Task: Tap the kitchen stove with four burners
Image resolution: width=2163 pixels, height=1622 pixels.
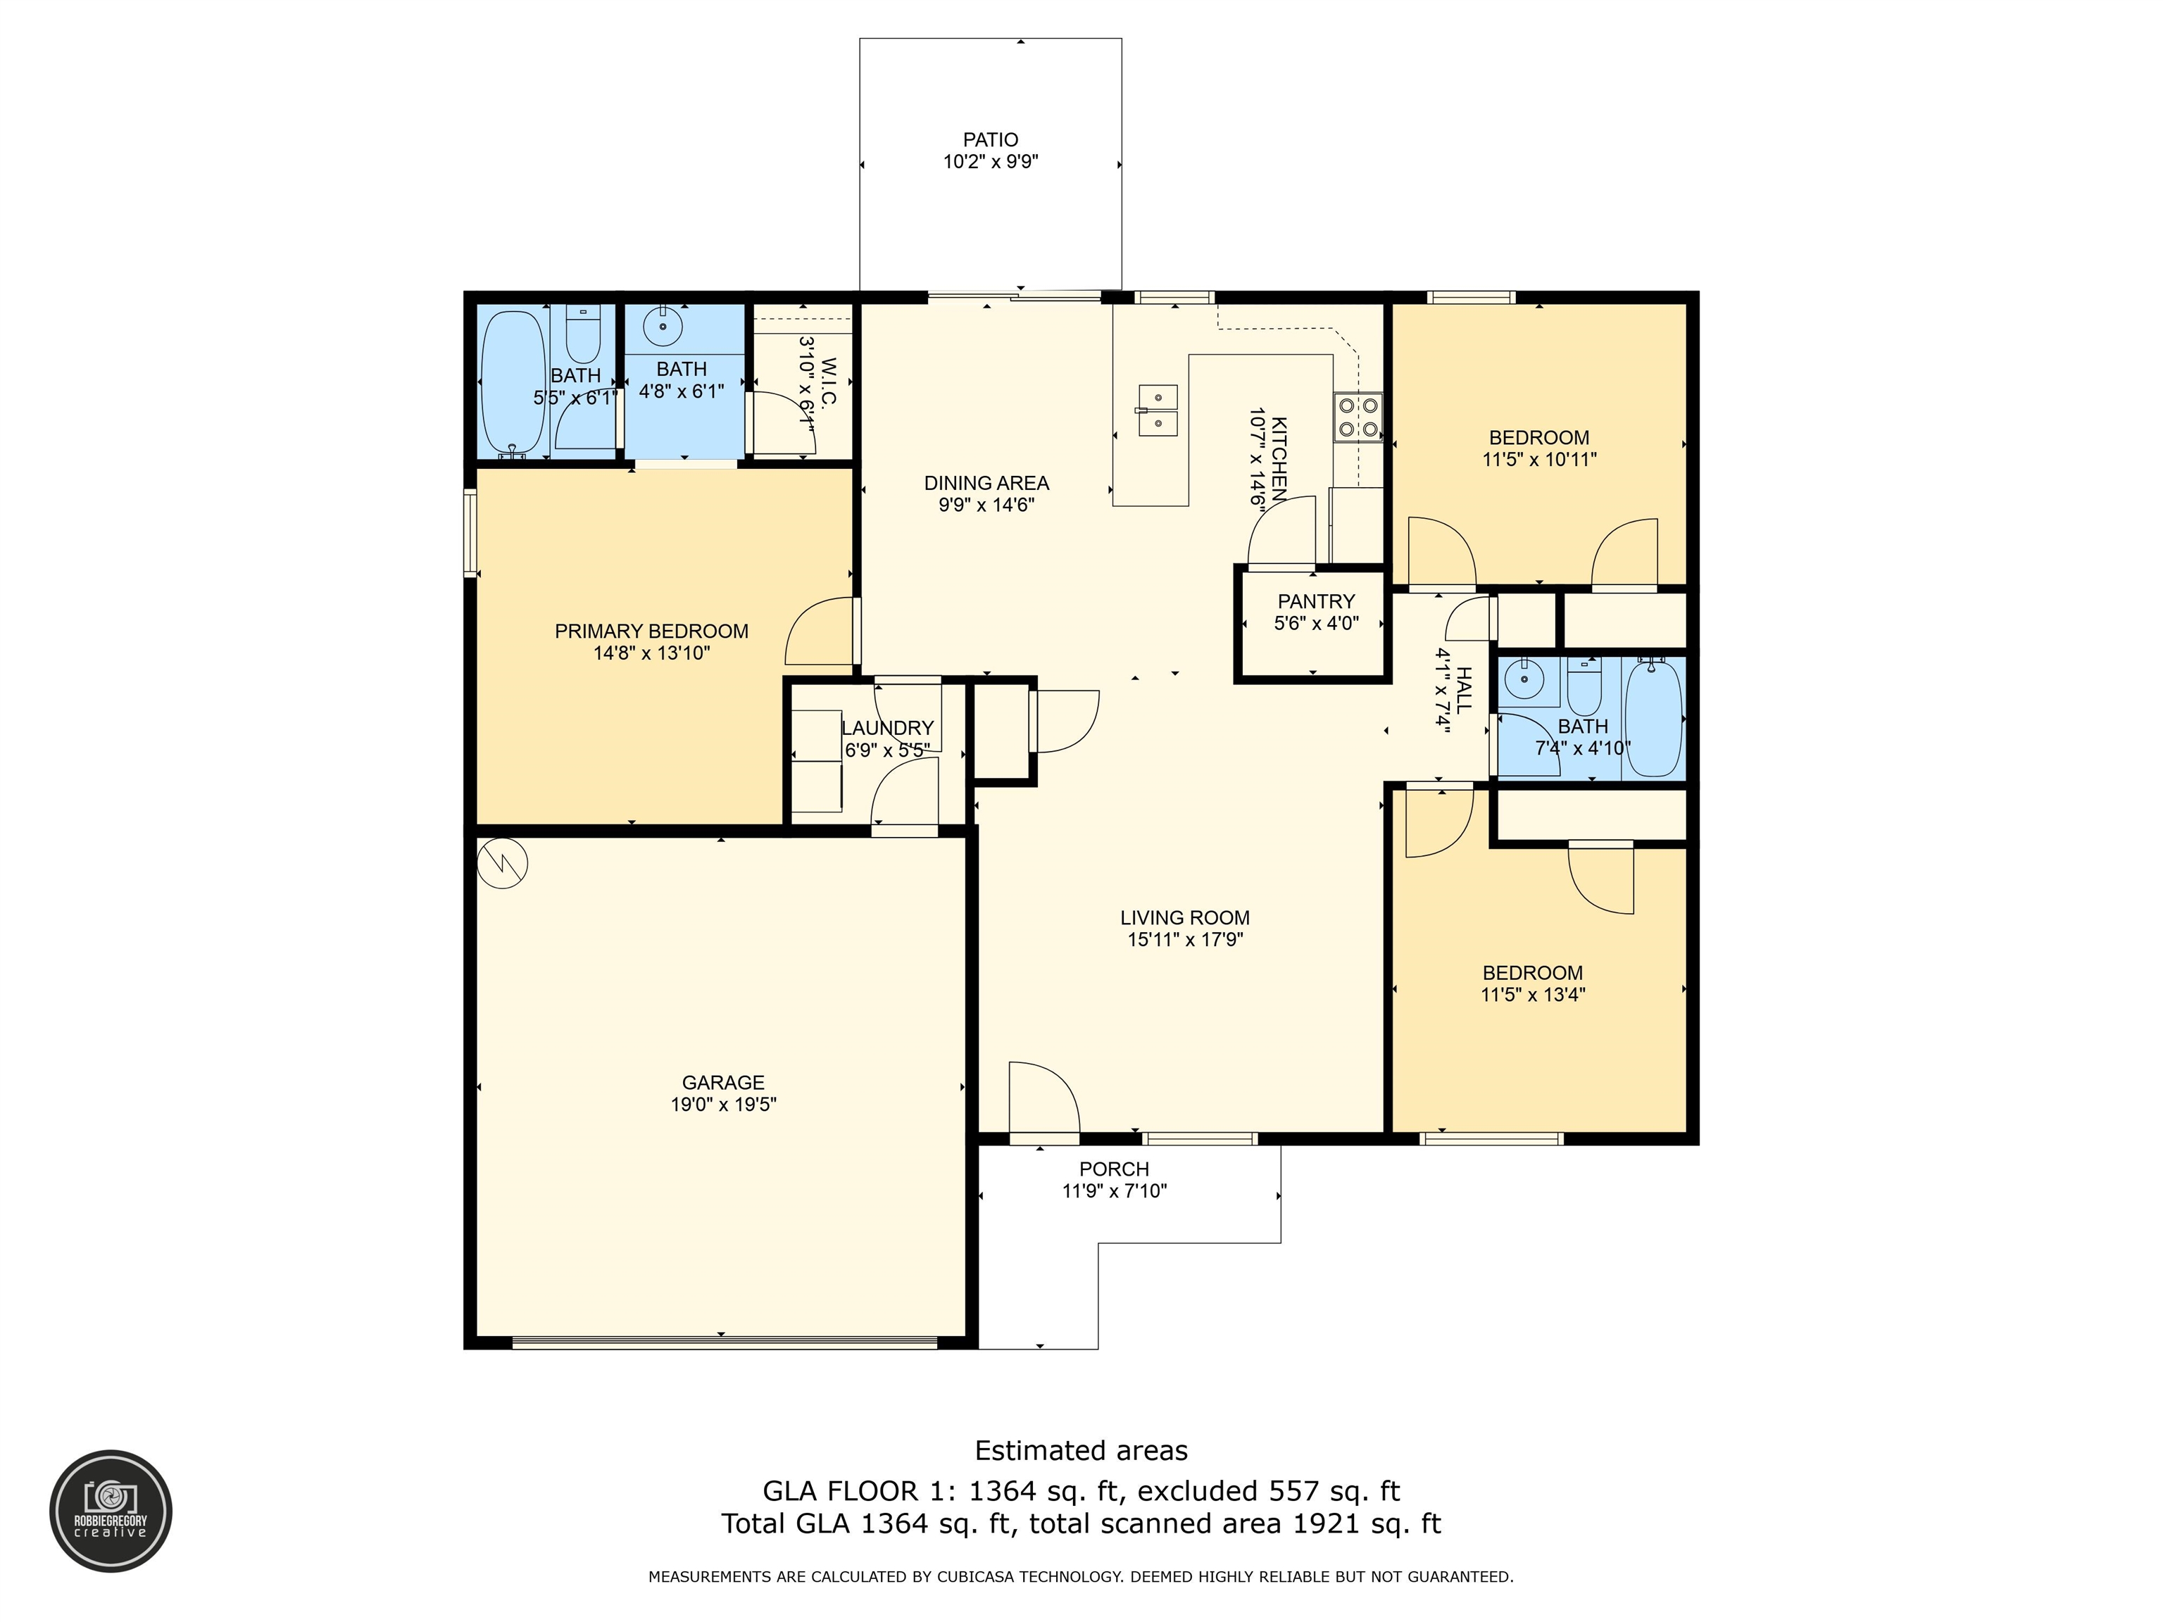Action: (x=1358, y=417)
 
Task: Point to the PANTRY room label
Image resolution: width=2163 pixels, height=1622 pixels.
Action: (x=1316, y=601)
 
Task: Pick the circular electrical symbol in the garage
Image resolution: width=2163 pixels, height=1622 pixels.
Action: (x=503, y=865)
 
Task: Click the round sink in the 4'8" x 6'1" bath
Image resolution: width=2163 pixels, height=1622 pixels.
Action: (x=663, y=324)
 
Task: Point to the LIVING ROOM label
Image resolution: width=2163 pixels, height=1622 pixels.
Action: (x=1184, y=917)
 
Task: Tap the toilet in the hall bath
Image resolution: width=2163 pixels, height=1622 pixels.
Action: (x=1584, y=687)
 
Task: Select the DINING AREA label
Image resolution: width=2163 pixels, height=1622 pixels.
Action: (x=986, y=482)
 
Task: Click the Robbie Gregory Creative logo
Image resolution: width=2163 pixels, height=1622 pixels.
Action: (x=111, y=1511)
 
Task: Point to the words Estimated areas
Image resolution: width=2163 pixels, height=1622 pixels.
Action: (x=1081, y=1450)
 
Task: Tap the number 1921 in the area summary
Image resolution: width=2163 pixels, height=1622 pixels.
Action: (x=1325, y=1523)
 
